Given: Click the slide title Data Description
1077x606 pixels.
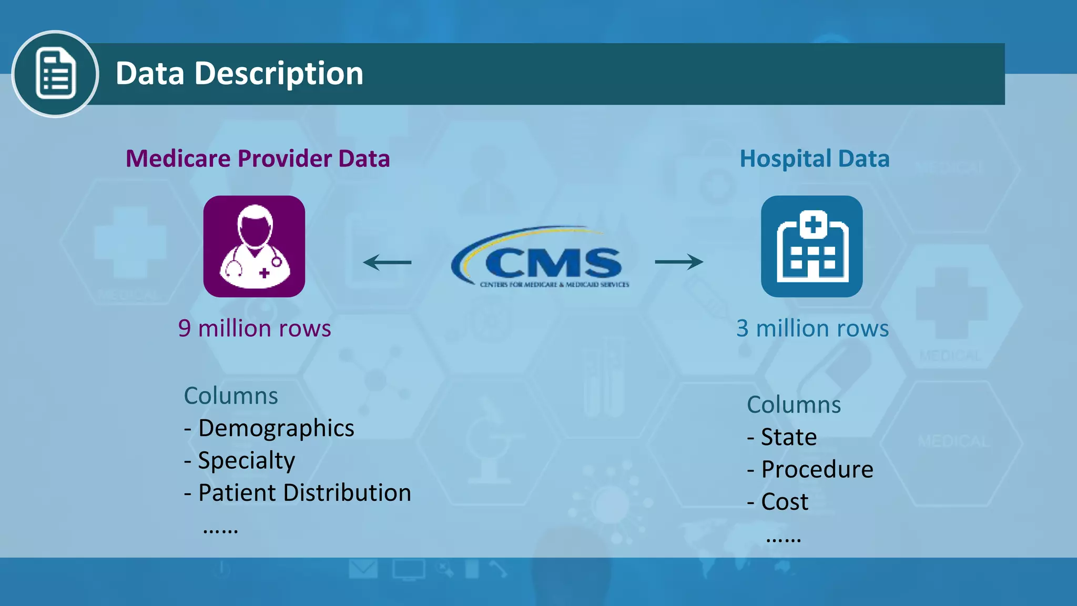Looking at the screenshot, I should pyautogui.click(x=239, y=73).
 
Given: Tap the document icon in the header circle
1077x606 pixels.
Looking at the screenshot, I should pyautogui.click(x=55, y=74).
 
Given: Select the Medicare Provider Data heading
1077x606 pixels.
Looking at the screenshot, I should pyautogui.click(x=258, y=158).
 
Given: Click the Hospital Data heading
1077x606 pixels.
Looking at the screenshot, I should pyautogui.click(x=815, y=158).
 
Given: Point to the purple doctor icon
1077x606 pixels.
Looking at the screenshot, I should pyautogui.click(x=254, y=246).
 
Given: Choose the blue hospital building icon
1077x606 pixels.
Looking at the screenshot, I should pyautogui.click(x=811, y=246).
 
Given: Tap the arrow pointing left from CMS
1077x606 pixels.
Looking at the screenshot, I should pyautogui.click(x=388, y=262).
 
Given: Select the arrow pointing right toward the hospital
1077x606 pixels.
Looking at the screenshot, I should pyautogui.click(x=679, y=261).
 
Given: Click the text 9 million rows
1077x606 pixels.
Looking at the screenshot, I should pyautogui.click(x=255, y=328).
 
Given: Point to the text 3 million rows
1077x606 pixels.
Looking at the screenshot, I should pyautogui.click(x=812, y=328).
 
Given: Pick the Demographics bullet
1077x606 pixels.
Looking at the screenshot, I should pyautogui.click(x=269, y=428).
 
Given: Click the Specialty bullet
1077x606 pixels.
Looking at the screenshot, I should pyautogui.click(x=240, y=461).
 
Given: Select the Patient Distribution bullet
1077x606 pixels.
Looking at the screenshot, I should pyautogui.click(x=298, y=493).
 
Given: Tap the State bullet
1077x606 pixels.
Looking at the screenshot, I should pyautogui.click(x=782, y=437).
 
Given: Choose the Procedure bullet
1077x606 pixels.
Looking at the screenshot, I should pyautogui.click(x=810, y=469).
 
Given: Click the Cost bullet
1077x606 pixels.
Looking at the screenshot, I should pyautogui.click(x=778, y=502).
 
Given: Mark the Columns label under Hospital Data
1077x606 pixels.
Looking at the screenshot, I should pyautogui.click(x=794, y=405).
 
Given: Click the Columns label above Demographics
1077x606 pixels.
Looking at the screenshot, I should pyautogui.click(x=231, y=396).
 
